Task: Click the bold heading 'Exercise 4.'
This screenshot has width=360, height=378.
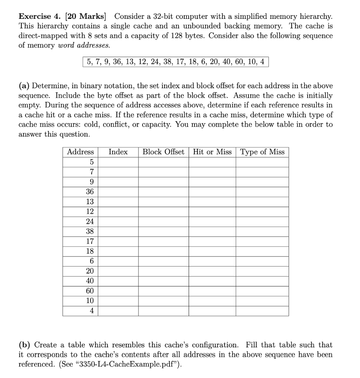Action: [41, 17]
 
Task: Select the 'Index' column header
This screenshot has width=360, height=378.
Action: [118, 152]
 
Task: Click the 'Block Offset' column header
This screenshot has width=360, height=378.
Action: [163, 152]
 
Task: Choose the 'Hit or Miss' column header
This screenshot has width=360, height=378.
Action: [212, 152]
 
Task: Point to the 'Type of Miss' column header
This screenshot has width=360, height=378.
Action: [262, 152]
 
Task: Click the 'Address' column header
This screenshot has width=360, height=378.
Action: [80, 152]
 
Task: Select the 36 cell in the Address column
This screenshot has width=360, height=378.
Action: [90, 192]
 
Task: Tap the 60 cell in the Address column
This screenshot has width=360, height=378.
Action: [90, 291]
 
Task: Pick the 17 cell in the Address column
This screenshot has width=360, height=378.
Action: [90, 241]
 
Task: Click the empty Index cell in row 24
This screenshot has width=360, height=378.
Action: [118, 221]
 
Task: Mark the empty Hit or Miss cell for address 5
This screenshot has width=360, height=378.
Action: [212, 162]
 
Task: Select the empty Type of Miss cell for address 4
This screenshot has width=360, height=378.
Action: [262, 311]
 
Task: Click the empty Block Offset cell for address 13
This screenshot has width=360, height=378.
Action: [163, 202]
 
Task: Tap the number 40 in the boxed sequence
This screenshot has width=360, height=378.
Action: [226, 62]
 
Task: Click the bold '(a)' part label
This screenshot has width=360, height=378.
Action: [24, 86]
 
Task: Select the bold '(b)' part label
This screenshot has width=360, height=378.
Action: [25, 345]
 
